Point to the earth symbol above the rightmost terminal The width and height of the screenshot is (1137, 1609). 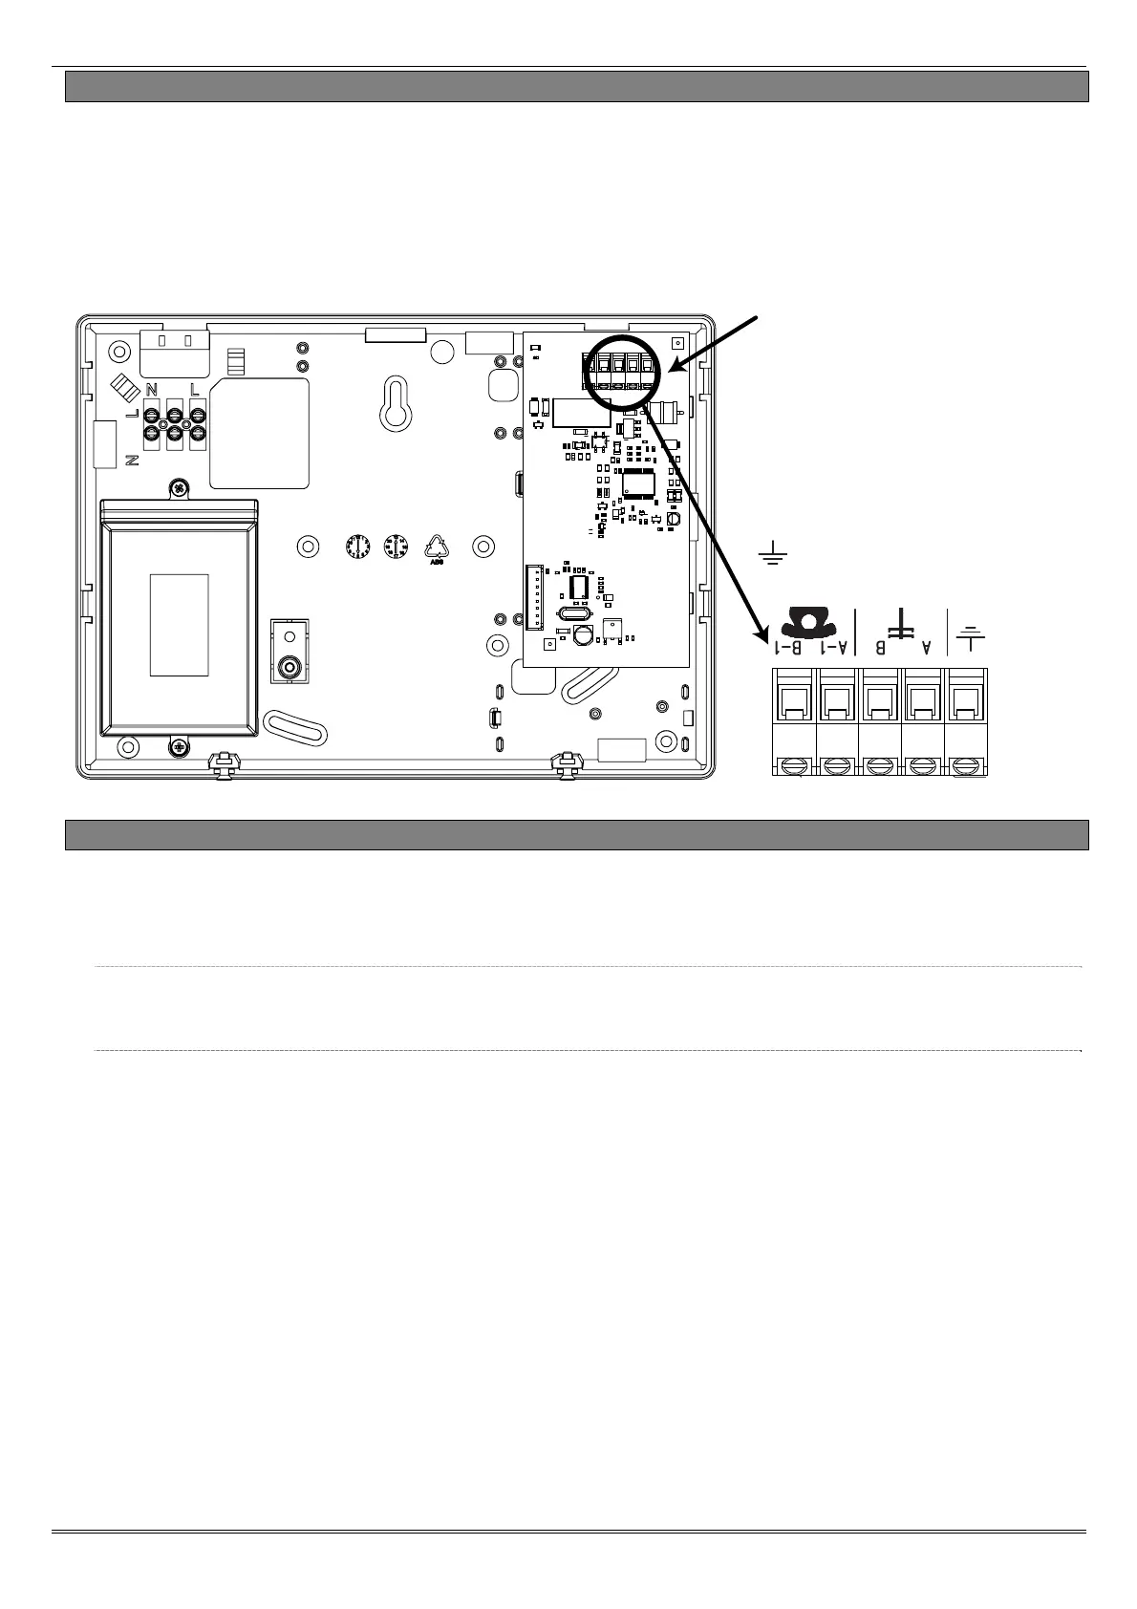970,638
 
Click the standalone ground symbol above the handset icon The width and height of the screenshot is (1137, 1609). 772,551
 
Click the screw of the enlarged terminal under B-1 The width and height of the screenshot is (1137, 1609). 794,764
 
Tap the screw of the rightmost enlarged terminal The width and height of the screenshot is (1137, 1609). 966,764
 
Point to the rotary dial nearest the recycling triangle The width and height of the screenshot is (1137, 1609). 394,547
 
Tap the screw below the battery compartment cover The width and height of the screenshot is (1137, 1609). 179,748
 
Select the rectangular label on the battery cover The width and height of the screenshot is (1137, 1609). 179,625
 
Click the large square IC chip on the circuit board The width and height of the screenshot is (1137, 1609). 637,483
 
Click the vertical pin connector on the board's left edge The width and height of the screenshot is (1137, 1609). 532,597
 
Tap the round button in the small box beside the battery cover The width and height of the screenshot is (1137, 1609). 288,665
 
